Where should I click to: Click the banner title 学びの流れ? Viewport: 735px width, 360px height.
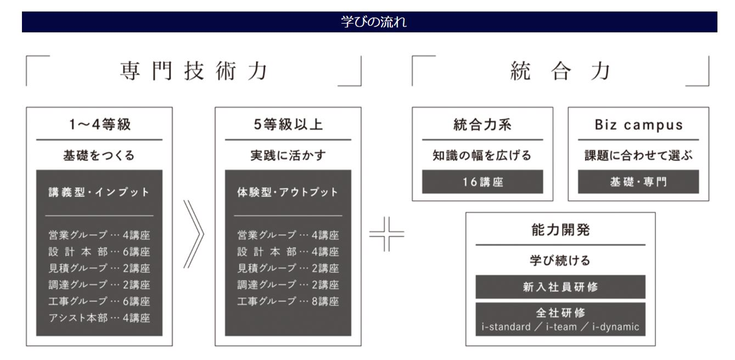click(x=374, y=22)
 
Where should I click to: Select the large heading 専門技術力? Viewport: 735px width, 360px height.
click(x=194, y=71)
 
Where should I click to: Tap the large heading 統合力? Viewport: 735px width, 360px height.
click(x=560, y=71)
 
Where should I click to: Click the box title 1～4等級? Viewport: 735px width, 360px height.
click(x=100, y=125)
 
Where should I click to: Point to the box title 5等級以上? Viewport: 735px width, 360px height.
click(x=288, y=125)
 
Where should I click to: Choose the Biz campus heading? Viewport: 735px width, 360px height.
click(x=639, y=125)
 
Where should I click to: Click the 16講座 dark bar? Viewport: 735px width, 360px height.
click(x=482, y=181)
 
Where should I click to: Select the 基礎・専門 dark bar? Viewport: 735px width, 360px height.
click(x=639, y=181)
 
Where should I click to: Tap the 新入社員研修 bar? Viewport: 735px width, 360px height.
click(x=560, y=287)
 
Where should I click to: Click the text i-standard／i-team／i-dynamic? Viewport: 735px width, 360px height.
click(x=560, y=327)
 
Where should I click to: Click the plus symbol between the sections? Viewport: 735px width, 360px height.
click(x=387, y=234)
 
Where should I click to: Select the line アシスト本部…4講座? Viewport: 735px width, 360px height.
click(x=99, y=318)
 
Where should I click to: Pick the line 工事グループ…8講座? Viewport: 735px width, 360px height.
click(x=288, y=301)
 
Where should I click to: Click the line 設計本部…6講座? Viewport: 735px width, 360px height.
click(x=99, y=252)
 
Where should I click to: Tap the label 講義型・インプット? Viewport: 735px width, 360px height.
click(x=99, y=192)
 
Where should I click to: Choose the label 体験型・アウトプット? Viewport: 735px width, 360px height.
click(x=287, y=192)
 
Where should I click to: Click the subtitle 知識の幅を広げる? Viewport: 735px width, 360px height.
click(x=482, y=155)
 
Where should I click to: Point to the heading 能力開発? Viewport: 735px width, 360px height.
click(x=560, y=230)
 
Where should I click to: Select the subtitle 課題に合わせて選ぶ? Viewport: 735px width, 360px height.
click(x=639, y=155)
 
